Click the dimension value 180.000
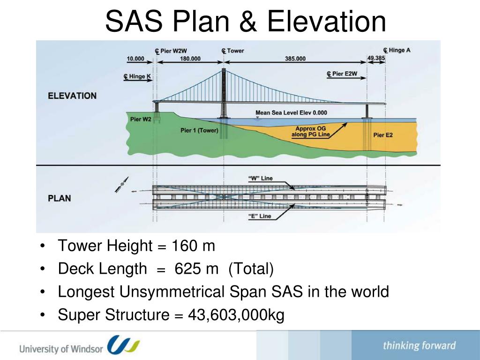[190, 59]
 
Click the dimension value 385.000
[295, 59]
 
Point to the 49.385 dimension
[376, 59]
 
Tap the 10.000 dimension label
[135, 59]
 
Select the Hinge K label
[137, 76]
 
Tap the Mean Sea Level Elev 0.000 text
[291, 113]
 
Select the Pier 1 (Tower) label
[199, 130]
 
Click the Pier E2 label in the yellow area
[383, 135]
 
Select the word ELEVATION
[72, 96]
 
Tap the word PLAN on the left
[60, 198]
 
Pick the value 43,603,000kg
[236, 315]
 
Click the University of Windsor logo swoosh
[123, 345]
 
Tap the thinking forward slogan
[419, 346]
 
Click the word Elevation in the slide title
[327, 22]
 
